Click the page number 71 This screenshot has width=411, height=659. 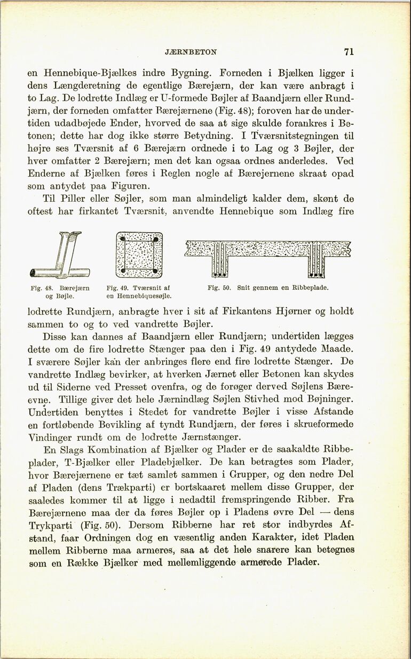349,52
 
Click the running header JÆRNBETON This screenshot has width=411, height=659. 191,52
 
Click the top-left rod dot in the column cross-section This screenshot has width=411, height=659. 124,239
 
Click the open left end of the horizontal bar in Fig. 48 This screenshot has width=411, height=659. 34,273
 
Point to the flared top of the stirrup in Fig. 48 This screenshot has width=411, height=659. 72,235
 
